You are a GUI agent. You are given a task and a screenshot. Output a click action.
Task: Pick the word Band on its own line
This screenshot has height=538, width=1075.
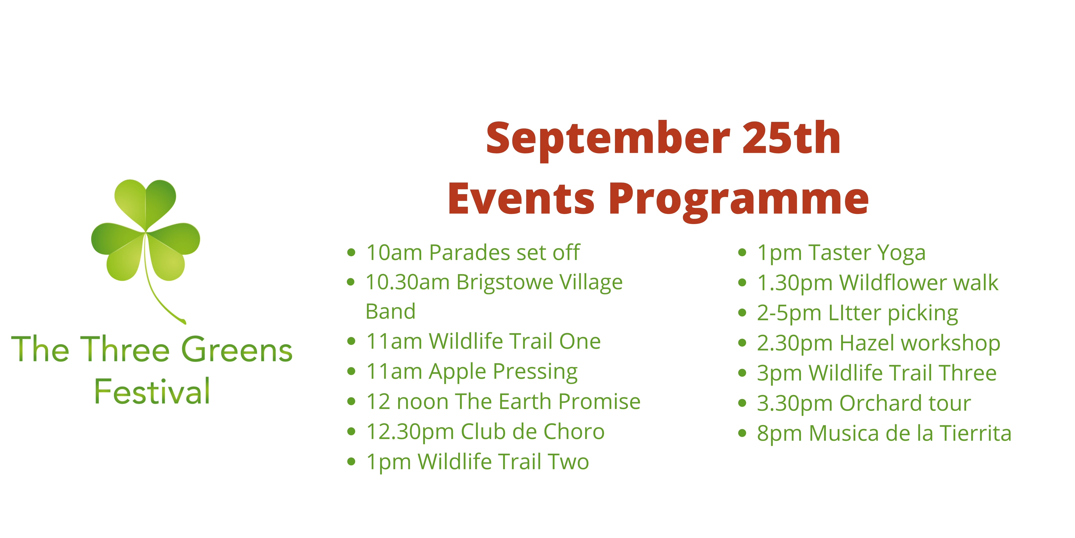click(x=391, y=311)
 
